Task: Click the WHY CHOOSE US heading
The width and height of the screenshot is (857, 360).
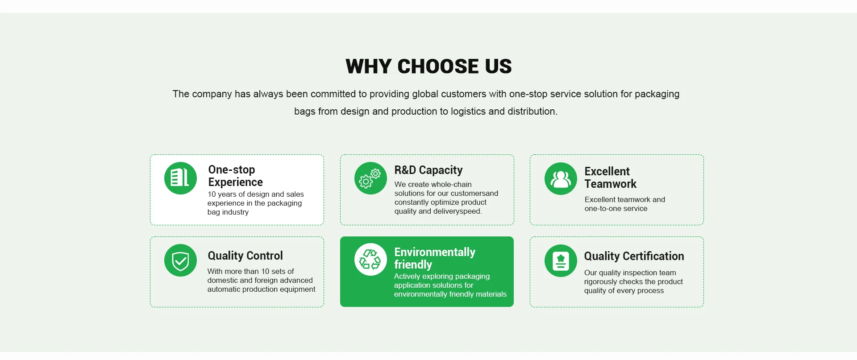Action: click(x=428, y=66)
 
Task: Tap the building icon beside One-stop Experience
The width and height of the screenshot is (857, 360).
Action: click(x=180, y=178)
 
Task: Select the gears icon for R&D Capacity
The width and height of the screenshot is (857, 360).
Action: click(x=370, y=178)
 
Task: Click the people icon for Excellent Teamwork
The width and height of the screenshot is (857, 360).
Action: click(x=561, y=178)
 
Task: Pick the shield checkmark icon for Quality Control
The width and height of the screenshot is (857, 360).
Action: click(x=180, y=260)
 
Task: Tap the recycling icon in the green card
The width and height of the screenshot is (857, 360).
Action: click(x=370, y=259)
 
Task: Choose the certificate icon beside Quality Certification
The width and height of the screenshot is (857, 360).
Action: click(x=561, y=261)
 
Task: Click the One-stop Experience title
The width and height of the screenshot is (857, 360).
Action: click(x=235, y=176)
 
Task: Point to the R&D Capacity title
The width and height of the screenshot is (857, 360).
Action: click(x=428, y=170)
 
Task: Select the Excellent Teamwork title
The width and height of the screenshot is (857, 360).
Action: click(x=610, y=178)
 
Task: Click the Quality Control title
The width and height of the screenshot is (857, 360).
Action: click(x=245, y=256)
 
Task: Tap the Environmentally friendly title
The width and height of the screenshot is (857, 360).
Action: click(x=435, y=258)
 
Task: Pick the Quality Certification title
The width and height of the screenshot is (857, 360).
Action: click(x=634, y=256)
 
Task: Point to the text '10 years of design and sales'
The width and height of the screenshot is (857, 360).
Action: click(x=256, y=194)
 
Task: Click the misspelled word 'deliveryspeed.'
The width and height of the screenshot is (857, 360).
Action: click(x=458, y=211)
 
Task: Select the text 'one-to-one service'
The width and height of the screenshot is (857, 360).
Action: click(x=616, y=208)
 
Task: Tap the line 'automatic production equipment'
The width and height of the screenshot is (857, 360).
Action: click(x=261, y=289)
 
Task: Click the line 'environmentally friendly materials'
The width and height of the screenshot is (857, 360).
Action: click(x=450, y=294)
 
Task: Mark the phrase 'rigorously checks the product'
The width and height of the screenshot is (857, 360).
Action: click(x=633, y=281)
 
